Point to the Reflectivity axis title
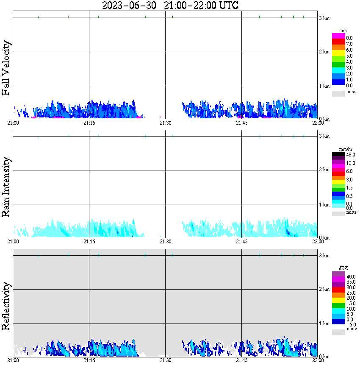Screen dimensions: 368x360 6,306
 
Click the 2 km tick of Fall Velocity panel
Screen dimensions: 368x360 324,52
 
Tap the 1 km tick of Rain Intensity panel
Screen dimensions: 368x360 324,205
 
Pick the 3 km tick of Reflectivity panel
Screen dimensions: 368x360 324,256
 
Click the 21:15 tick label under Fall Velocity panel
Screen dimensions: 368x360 89,123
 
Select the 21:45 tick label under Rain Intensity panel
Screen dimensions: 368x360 241,242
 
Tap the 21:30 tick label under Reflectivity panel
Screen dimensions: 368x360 165,360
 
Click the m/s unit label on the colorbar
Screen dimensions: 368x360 343,31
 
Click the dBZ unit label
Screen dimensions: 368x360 343,268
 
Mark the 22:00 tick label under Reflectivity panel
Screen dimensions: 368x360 318,360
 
